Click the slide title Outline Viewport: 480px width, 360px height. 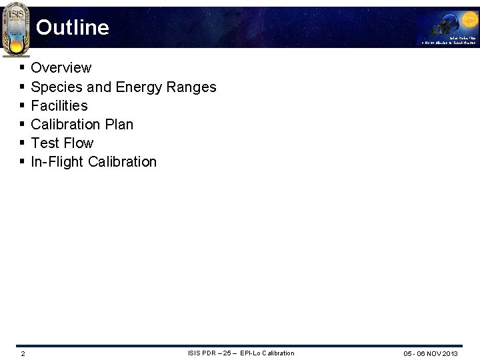72,27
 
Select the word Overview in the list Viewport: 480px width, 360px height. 61,68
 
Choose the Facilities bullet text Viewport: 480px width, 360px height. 59,105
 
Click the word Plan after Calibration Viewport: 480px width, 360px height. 118,124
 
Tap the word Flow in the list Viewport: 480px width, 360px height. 79,143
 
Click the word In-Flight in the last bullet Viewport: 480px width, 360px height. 56,161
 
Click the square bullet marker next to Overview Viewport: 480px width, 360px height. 22,68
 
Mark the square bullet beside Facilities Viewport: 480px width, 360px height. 22,105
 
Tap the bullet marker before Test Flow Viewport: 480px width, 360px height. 22,143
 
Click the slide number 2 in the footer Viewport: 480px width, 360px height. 23,353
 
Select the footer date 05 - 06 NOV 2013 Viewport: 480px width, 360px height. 431,353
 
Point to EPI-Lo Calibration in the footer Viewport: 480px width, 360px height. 267,353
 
